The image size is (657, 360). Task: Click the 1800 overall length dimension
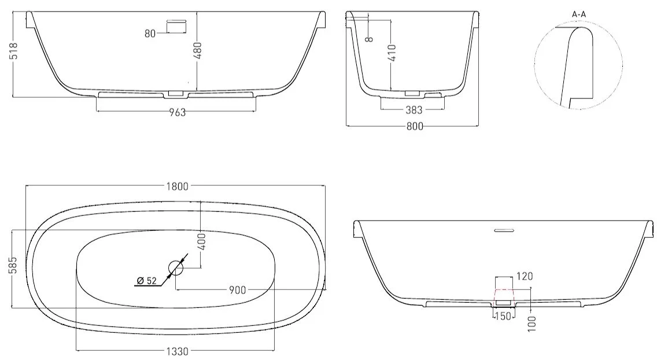pyautogui.click(x=178, y=186)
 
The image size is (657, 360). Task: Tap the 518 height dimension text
pyautogui.click(x=13, y=51)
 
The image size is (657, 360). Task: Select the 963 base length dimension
pyautogui.click(x=177, y=112)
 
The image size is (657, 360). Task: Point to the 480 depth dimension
pyautogui.click(x=198, y=50)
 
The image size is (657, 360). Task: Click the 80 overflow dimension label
pyautogui.click(x=150, y=34)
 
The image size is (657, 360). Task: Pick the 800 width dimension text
pyautogui.click(x=415, y=126)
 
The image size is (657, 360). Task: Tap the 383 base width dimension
pyautogui.click(x=414, y=110)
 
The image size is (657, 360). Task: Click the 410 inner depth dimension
pyautogui.click(x=392, y=53)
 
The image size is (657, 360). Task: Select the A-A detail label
pyautogui.click(x=579, y=14)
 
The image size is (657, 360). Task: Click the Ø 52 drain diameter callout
pyautogui.click(x=147, y=281)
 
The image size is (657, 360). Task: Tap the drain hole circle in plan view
pyautogui.click(x=176, y=267)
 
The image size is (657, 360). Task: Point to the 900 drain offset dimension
pyautogui.click(x=237, y=290)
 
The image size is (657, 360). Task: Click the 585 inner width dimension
pyautogui.click(x=13, y=265)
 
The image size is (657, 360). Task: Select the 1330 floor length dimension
pyautogui.click(x=177, y=352)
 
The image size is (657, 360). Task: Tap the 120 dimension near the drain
pyautogui.click(x=525, y=276)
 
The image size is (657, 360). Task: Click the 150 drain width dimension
pyautogui.click(x=503, y=316)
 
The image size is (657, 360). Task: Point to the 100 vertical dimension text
pyautogui.click(x=532, y=324)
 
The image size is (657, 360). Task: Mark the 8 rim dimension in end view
pyautogui.click(x=369, y=39)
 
